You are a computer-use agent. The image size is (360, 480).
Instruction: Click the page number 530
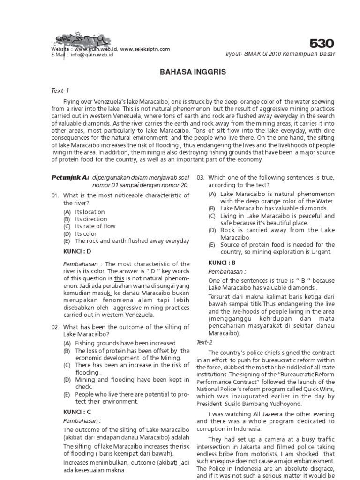pos(321,44)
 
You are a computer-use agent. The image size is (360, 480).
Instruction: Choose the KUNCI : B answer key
pos(222,262)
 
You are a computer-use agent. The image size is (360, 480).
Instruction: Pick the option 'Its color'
pos(86,234)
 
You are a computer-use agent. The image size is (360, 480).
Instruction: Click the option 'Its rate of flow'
pos(95,226)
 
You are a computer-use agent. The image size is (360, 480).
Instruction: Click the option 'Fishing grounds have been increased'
pos(125,343)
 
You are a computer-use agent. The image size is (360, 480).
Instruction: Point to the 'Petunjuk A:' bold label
pos(70,177)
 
